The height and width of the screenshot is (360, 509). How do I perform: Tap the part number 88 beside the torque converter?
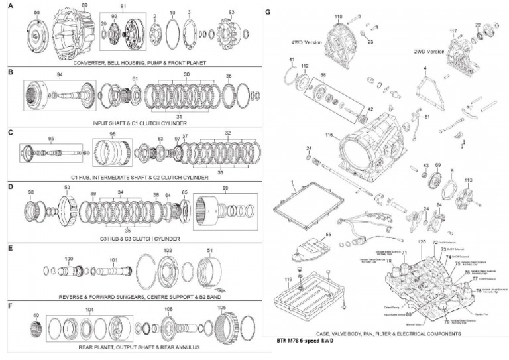pyautogui.click(x=36, y=13)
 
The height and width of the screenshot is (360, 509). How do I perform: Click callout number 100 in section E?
pyautogui.click(x=69, y=258)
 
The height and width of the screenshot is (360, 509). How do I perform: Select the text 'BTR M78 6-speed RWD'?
pyautogui.click(x=305, y=341)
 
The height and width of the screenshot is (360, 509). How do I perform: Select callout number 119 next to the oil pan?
pyautogui.click(x=288, y=280)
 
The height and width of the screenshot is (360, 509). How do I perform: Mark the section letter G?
pyautogui.click(x=267, y=12)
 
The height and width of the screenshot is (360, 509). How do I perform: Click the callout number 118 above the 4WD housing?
pyautogui.click(x=339, y=16)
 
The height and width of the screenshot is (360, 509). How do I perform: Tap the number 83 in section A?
pyautogui.click(x=231, y=13)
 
